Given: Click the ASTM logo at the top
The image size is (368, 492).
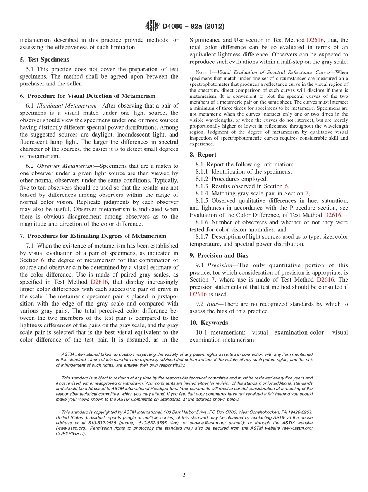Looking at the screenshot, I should point(152,26).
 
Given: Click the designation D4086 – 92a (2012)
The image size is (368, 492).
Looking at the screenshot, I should point(193,27).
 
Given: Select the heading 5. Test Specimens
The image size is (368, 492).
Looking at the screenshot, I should point(45,60).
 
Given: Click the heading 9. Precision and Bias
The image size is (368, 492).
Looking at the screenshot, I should point(219,255).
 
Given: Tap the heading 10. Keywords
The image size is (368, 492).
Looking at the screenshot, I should point(209,323).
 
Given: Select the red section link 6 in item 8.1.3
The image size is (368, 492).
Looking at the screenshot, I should point(286,186).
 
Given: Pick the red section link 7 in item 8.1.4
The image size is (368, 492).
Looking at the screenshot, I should point(307,193).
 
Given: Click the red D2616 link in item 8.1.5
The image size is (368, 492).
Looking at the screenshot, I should point(332,215).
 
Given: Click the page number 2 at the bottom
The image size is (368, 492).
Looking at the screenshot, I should point(184,475).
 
